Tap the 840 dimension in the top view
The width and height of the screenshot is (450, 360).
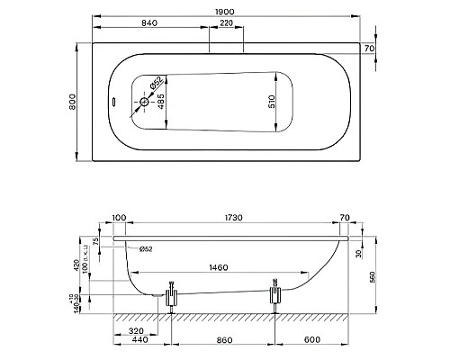tap(148, 22)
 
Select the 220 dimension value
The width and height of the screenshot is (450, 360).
tap(227, 22)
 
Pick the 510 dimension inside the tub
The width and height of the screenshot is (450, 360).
tap(271, 103)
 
